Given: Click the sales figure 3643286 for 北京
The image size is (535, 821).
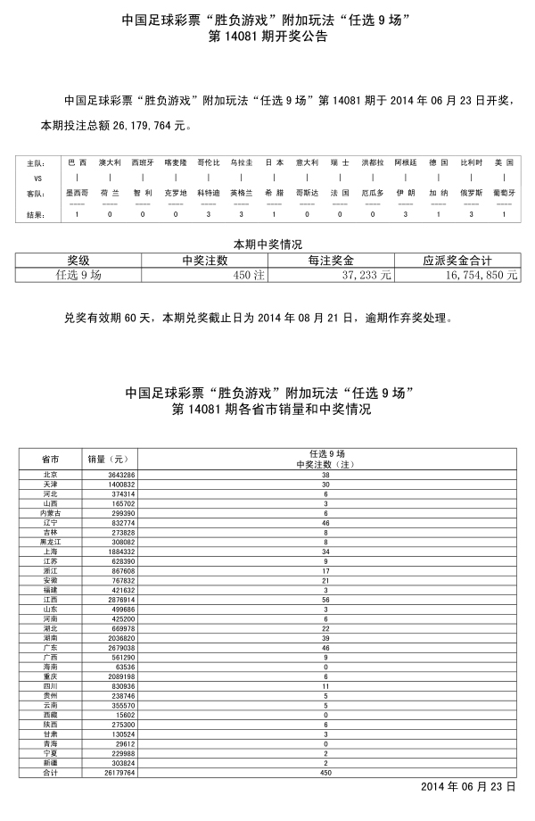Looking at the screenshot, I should [x=121, y=476].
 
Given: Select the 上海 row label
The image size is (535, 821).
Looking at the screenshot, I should [x=50, y=551].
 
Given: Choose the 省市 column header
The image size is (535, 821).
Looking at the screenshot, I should [x=50, y=459].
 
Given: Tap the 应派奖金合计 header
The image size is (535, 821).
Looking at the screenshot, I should [x=458, y=261].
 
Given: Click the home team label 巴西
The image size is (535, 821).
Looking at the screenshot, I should [x=78, y=163].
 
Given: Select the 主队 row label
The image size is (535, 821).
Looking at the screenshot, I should [x=35, y=163].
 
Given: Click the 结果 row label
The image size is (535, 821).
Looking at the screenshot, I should [x=35, y=214].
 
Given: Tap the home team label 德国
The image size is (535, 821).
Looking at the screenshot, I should [x=438, y=163].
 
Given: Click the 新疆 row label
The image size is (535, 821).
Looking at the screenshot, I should [x=50, y=764].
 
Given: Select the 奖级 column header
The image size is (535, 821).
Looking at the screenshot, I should [x=78, y=261].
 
